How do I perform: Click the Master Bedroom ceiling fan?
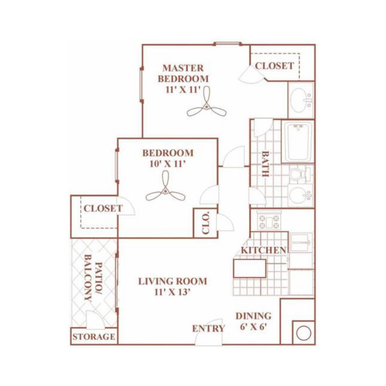[207, 107]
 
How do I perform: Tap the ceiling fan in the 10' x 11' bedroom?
[165, 192]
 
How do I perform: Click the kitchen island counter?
[249, 268]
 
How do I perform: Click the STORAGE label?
[94, 337]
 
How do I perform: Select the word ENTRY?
[209, 328]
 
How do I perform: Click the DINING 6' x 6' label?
[253, 322]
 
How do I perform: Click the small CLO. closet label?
[206, 223]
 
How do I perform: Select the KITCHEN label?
[264, 250]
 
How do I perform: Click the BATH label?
[265, 164]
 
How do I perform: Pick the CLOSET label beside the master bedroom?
[274, 66]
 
